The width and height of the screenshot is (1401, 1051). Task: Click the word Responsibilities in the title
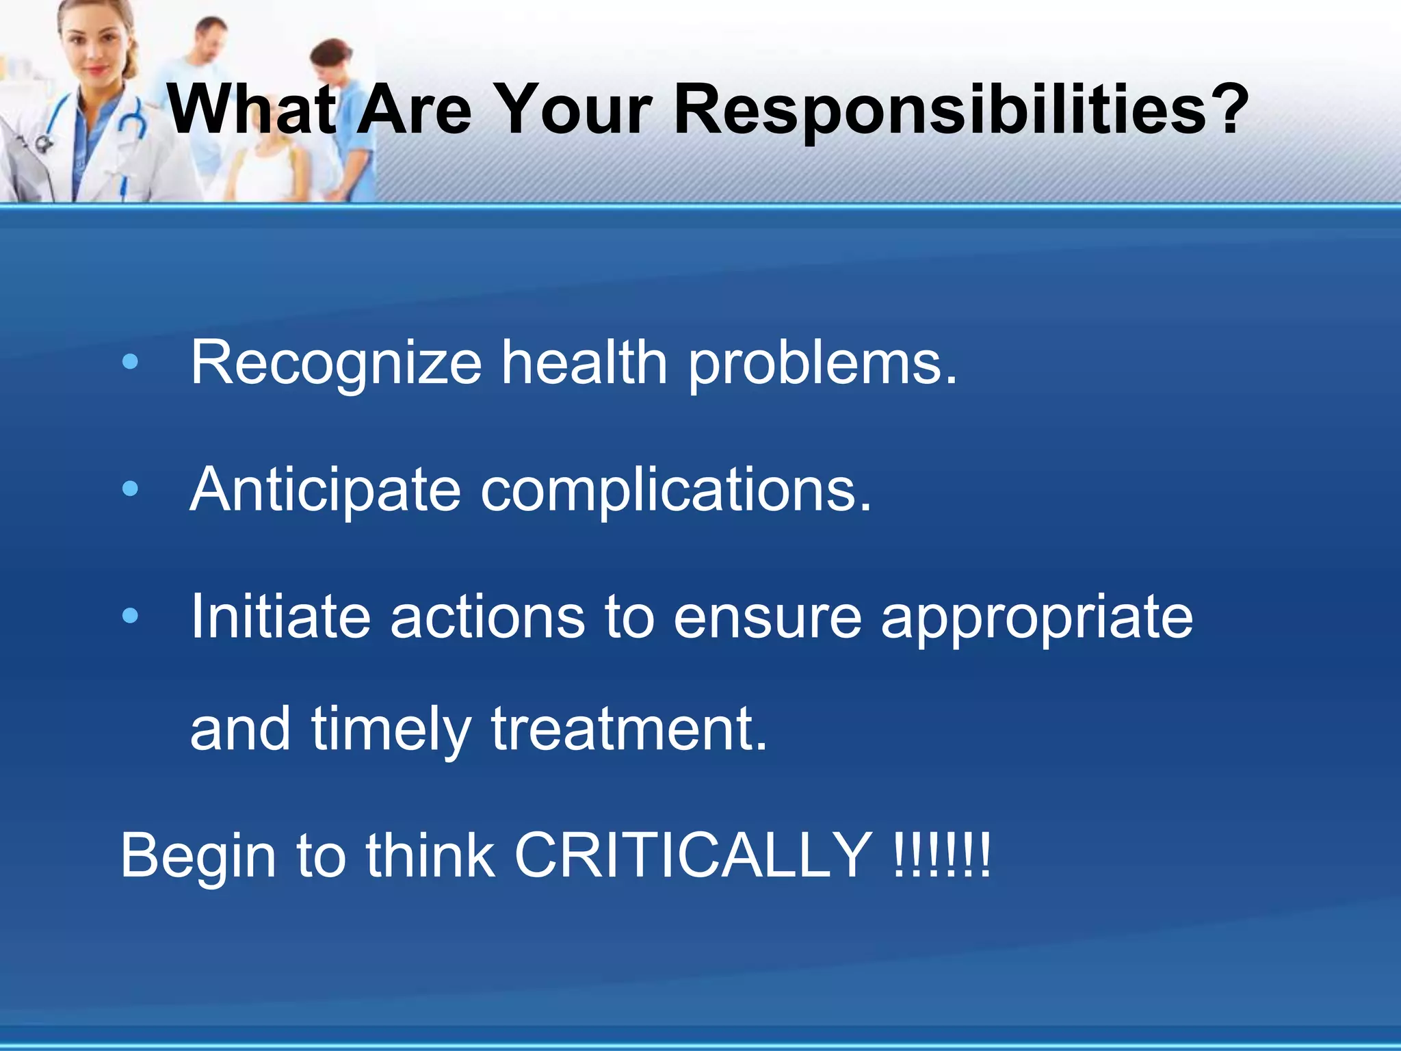940,109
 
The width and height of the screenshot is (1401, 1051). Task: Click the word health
584,362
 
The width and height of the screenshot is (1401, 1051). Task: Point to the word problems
822,363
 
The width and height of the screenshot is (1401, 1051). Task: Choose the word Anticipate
326,490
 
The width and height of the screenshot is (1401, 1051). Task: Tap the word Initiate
280,617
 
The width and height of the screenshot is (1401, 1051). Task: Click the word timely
391,729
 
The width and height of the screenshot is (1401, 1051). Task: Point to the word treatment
629,729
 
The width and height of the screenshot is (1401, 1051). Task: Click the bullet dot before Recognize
130,362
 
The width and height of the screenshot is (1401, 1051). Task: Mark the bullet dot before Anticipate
130,489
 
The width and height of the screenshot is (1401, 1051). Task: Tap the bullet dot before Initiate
130,616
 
